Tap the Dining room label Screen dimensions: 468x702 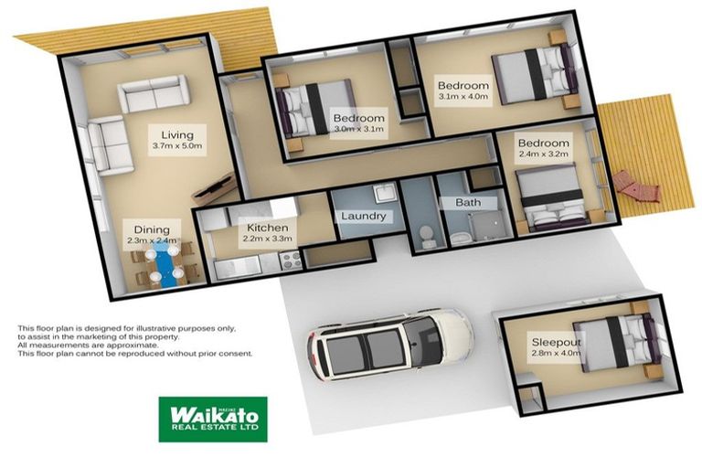(152, 229)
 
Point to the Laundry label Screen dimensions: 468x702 (363, 217)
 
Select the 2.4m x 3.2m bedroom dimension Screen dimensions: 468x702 (543, 155)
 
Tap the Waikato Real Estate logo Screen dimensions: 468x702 (213, 419)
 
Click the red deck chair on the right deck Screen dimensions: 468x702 (637, 186)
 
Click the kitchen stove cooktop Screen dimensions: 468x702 (292, 261)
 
